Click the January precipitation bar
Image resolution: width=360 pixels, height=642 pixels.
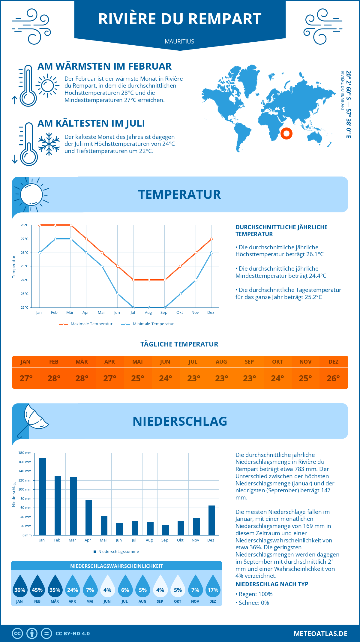click(x=43, y=496)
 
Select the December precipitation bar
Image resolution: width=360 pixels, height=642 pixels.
click(x=212, y=520)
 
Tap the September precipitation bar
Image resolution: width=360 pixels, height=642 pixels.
click(x=166, y=530)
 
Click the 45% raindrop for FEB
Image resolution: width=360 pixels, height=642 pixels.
click(x=37, y=586)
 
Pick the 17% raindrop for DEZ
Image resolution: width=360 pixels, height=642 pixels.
click(x=213, y=586)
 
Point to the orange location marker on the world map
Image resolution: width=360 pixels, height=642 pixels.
click(x=286, y=133)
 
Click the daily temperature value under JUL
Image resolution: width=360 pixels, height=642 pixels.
click(x=193, y=378)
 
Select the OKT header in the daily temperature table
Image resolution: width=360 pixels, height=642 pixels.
click(x=277, y=361)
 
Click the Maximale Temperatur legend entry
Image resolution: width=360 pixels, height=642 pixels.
click(x=86, y=324)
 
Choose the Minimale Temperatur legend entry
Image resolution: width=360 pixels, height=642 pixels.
click(x=148, y=324)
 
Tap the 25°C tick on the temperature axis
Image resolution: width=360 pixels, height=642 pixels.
click(x=25, y=266)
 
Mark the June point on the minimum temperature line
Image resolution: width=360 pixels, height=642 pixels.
click(x=118, y=294)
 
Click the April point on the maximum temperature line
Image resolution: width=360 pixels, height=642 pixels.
click(x=87, y=239)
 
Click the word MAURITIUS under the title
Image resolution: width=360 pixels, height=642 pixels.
click(x=179, y=41)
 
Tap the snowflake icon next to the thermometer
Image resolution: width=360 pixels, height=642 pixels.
click(x=49, y=144)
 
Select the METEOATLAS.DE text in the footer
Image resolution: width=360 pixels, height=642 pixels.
click(x=320, y=634)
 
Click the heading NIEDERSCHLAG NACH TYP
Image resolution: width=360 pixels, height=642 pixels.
click(x=272, y=584)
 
